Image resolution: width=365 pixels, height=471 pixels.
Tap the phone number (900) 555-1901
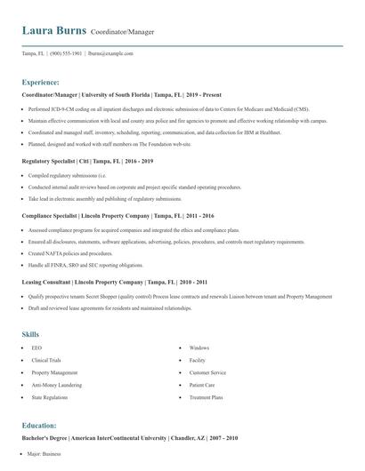[66, 54]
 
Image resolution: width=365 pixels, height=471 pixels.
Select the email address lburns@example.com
[110, 54]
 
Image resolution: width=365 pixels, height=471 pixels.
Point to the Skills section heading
[30, 333]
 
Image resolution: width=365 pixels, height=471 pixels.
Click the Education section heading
[39, 426]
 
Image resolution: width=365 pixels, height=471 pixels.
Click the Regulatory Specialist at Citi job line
[87, 161]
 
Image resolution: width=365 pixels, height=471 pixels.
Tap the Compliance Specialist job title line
[118, 215]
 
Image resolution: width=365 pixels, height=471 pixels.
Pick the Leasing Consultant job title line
[113, 281]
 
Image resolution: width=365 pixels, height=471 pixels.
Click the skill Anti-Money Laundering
[57, 386]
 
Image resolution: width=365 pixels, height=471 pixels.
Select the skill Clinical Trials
[46, 360]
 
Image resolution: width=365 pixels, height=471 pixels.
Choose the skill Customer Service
[207, 373]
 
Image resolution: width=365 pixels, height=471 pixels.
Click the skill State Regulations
[49, 398]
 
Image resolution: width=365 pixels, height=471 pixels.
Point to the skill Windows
[199, 347]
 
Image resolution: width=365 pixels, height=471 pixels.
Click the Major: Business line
[45, 454]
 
